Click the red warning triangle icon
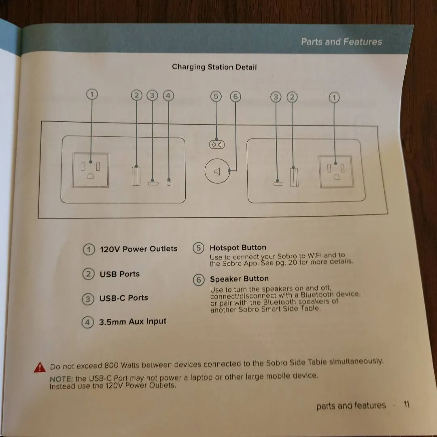[x=40, y=367]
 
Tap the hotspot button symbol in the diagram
[x=217, y=144]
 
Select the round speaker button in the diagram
[x=217, y=171]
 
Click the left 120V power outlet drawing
[x=90, y=170]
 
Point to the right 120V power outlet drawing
[x=336, y=171]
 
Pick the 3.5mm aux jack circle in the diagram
[x=169, y=183]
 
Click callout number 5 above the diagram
[x=216, y=96]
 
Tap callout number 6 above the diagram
[x=235, y=96]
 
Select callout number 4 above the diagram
[x=168, y=95]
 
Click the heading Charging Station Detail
[x=214, y=67]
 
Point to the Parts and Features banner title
[x=342, y=42]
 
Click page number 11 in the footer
[x=407, y=404]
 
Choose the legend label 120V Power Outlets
[x=138, y=248]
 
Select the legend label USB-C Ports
[x=124, y=298]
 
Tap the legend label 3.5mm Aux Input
[x=133, y=322]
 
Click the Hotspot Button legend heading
[x=238, y=248]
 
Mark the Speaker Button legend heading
[x=240, y=279]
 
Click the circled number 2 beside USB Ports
[x=88, y=274]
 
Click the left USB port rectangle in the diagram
[x=136, y=176]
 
